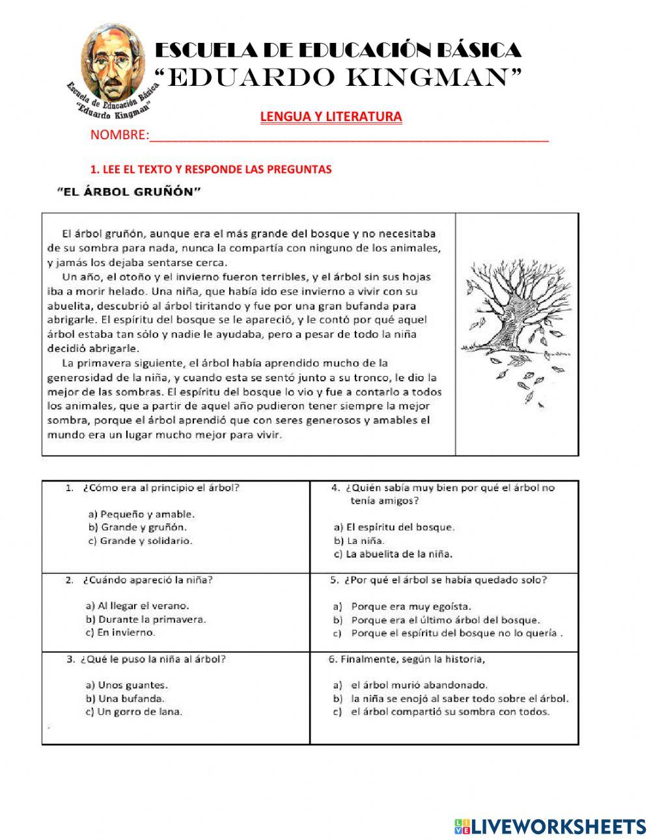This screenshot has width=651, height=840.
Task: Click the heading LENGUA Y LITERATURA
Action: (x=331, y=116)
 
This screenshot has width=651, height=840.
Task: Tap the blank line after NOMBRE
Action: (x=348, y=135)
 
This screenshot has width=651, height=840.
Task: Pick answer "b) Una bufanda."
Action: (x=124, y=698)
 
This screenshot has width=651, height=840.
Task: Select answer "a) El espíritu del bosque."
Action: (x=394, y=527)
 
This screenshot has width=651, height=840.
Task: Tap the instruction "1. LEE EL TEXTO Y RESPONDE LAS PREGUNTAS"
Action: (x=211, y=169)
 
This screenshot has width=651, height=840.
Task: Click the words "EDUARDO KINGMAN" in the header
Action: (x=339, y=77)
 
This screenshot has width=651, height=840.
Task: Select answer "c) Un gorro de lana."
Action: (x=133, y=712)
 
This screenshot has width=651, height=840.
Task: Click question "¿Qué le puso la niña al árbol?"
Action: (x=153, y=658)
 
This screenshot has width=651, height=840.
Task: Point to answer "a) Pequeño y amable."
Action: (x=139, y=514)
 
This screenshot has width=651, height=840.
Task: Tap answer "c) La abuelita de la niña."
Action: (x=393, y=554)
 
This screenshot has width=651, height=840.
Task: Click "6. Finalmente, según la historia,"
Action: (x=407, y=658)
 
